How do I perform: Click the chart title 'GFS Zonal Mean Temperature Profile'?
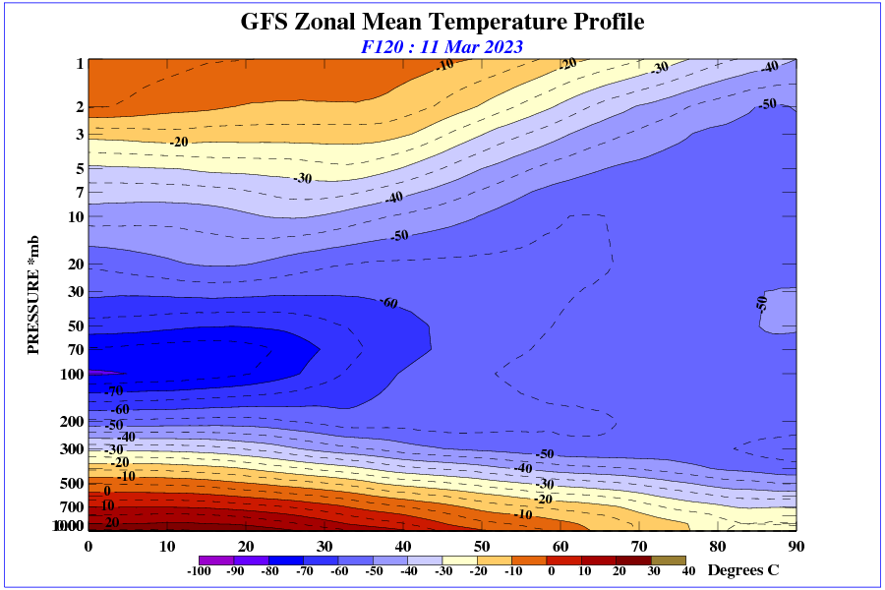(442, 22)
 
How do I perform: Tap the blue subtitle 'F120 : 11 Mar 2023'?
(442, 46)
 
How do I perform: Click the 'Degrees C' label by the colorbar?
(743, 570)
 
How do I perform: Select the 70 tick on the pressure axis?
(73, 349)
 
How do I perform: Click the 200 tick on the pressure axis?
(69, 422)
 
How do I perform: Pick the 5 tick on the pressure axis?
(78, 169)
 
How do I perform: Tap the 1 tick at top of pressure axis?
(79, 64)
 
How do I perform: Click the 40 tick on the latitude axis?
(403, 546)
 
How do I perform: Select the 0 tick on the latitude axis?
(88, 546)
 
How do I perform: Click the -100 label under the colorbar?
(199, 571)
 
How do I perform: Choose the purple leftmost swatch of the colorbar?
(200, 560)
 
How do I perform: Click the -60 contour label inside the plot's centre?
(388, 303)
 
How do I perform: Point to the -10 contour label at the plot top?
(444, 65)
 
